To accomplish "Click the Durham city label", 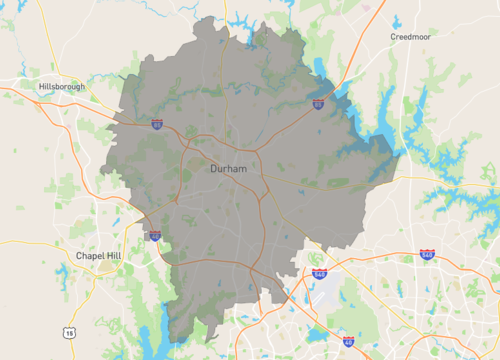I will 229,170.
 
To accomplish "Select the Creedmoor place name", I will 413,37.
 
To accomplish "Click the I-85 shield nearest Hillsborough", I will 157,124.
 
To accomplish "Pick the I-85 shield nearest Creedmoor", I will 317,103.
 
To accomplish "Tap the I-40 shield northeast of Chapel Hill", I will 154,236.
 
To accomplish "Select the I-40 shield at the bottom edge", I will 348,341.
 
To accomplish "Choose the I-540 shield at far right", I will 426,257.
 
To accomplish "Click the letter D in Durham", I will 214,170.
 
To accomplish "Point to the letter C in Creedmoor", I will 393,37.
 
